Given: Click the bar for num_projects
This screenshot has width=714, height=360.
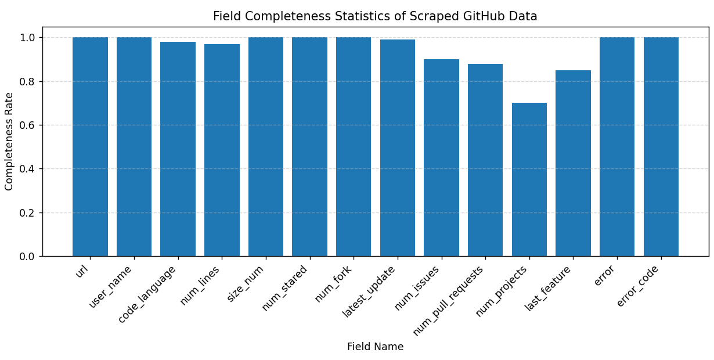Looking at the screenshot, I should click(529, 179).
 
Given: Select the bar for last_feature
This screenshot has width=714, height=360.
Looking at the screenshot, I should click(573, 163).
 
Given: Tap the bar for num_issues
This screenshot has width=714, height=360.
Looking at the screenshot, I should click(441, 157).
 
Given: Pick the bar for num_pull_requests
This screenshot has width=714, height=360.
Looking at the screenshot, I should click(485, 160).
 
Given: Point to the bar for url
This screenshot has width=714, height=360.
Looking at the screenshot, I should click(90, 146).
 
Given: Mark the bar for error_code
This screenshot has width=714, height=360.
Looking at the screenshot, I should click(661, 146).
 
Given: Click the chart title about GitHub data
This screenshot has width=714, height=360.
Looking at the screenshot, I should click(375, 16).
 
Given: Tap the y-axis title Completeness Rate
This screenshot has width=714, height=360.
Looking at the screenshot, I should click(9, 141).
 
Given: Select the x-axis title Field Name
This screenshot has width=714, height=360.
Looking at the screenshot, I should click(375, 347).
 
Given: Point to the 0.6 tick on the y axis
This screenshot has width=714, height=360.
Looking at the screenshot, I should click(28, 125).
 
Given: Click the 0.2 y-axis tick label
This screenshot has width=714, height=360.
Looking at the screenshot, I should click(28, 213).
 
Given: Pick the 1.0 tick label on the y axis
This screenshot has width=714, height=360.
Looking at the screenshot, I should click(28, 38).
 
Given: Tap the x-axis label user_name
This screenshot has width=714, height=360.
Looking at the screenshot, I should click(111, 286).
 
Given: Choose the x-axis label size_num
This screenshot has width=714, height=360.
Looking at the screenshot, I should click(246, 283).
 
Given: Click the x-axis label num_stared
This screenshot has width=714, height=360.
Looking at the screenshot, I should click(285, 287).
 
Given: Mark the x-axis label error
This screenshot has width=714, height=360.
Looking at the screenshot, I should click(604, 275).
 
